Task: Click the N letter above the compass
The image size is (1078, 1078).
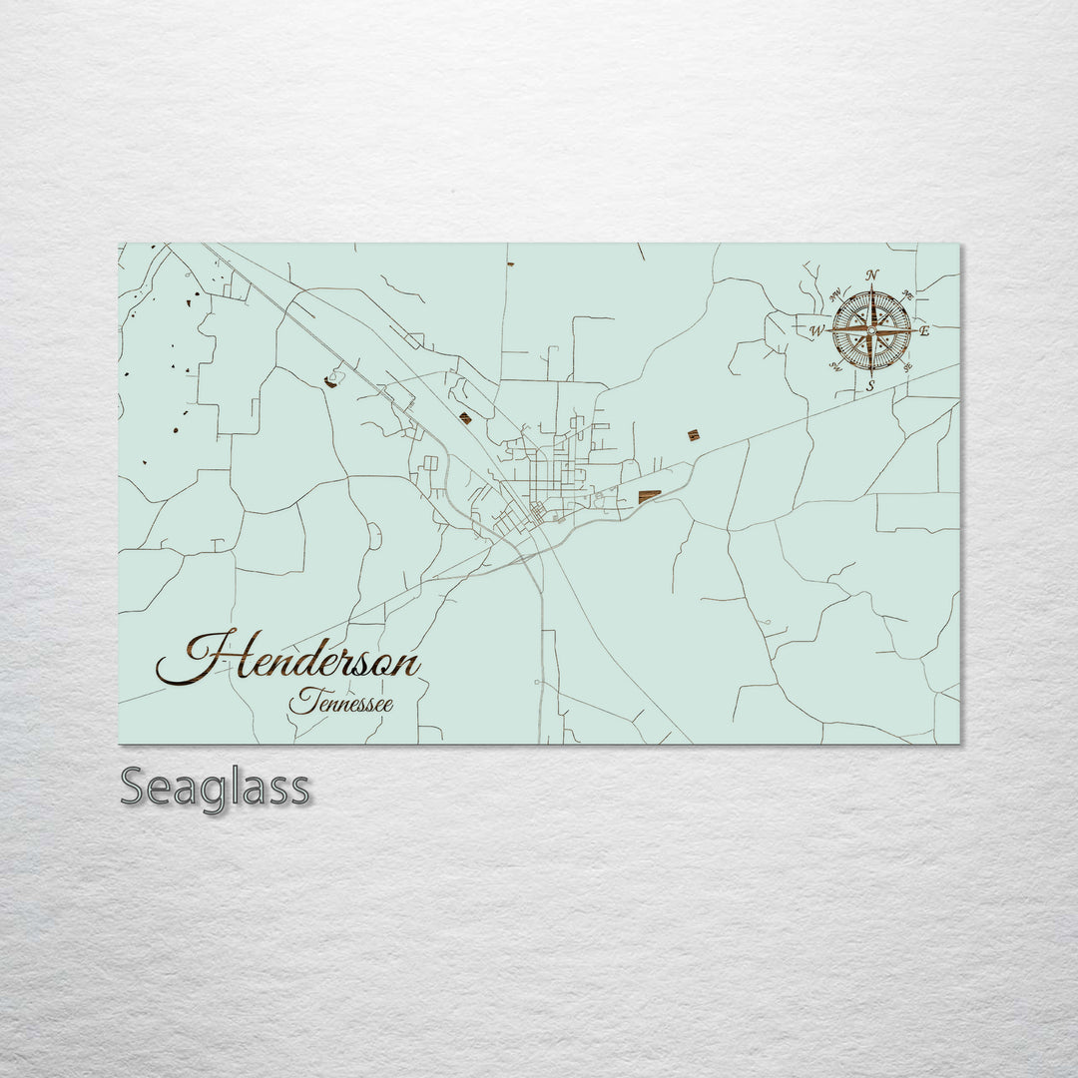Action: pyautogui.click(x=872, y=275)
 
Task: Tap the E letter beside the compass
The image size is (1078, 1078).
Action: pyautogui.click(x=924, y=330)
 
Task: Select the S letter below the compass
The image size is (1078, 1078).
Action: pyautogui.click(x=870, y=385)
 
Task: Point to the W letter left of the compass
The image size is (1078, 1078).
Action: pyautogui.click(x=816, y=330)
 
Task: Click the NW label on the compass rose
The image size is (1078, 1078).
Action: pyautogui.click(x=834, y=294)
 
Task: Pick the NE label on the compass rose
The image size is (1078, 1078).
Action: pyautogui.click(x=907, y=294)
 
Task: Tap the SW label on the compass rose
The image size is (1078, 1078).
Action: pyautogui.click(x=835, y=366)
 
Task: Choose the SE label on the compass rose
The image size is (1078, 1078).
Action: pyautogui.click(x=906, y=366)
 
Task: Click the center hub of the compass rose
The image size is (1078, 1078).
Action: pyautogui.click(x=871, y=330)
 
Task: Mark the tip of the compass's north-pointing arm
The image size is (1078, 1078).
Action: pyautogui.click(x=871, y=288)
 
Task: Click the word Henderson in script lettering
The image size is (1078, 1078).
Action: pyautogui.click(x=289, y=659)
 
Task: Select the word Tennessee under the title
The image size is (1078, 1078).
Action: pyautogui.click(x=341, y=702)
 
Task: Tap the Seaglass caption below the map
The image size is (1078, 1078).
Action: pyautogui.click(x=215, y=788)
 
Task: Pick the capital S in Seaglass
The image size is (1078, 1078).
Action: pyautogui.click(x=136, y=788)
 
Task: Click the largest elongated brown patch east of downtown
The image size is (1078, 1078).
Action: pyautogui.click(x=649, y=496)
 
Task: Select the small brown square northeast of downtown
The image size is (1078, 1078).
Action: pyautogui.click(x=693, y=434)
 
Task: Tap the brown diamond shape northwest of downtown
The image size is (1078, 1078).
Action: pyautogui.click(x=465, y=418)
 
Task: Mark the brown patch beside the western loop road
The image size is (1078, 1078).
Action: pyautogui.click(x=330, y=381)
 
